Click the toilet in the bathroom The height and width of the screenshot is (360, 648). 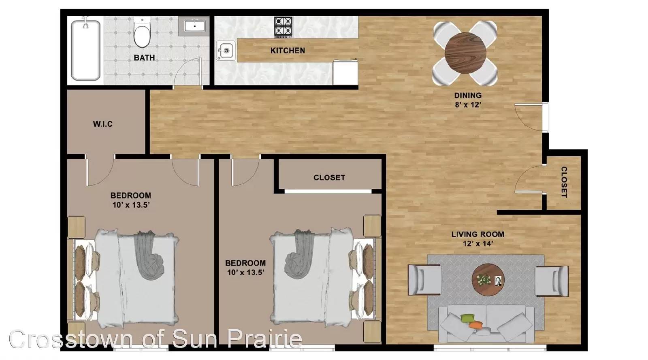click(x=142, y=32)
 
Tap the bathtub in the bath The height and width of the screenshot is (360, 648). click(x=85, y=50)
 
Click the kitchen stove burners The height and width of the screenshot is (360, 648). click(x=283, y=27)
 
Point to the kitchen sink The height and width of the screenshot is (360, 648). click(x=226, y=51)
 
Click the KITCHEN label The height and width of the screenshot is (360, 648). click(x=288, y=51)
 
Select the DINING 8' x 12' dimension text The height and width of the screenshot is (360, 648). click(x=468, y=100)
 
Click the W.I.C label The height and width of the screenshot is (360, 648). click(x=103, y=124)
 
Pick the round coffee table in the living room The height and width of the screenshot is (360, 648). click(x=488, y=279)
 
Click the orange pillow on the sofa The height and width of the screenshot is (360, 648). click(x=475, y=325)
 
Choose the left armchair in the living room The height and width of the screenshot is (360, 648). click(x=424, y=280)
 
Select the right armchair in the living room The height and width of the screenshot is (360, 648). click(x=551, y=281)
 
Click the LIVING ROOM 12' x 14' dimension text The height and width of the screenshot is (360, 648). click(x=478, y=239)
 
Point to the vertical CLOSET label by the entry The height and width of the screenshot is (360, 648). click(x=564, y=182)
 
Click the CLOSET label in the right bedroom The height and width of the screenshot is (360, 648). click(x=329, y=177)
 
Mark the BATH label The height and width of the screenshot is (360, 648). click(x=144, y=58)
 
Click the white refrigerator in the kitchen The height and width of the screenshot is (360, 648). click(x=345, y=72)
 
